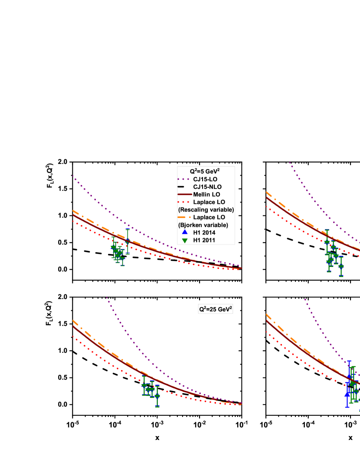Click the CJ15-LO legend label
tap(205, 179)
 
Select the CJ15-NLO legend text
tap(207, 187)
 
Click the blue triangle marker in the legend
tap(185, 232)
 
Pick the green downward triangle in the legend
tap(185, 240)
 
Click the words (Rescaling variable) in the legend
tap(206, 210)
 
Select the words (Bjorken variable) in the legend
tap(203, 225)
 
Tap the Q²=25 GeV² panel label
tap(216, 309)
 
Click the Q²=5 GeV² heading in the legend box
tap(206, 171)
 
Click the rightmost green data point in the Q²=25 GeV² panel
tap(157, 397)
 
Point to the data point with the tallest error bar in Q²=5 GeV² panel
tap(127, 241)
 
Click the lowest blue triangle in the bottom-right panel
tap(347, 394)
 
